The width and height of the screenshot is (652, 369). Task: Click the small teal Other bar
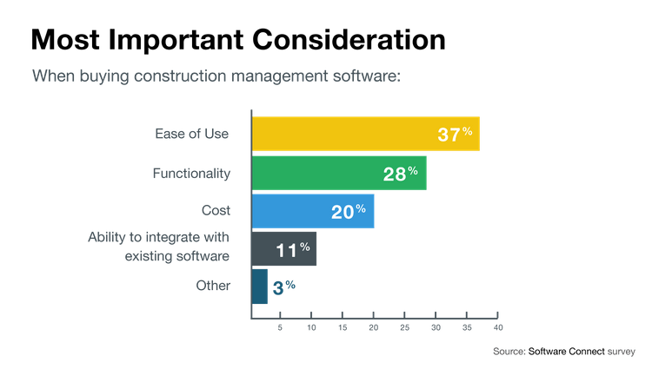tap(259, 286)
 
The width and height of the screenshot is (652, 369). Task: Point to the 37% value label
tap(455, 134)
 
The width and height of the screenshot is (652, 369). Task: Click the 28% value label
tap(401, 174)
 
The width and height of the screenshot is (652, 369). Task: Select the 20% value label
tap(348, 211)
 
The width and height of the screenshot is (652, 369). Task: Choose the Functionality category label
tap(191, 173)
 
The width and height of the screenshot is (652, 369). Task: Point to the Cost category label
tap(216, 211)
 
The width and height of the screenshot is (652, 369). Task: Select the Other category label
tap(214, 286)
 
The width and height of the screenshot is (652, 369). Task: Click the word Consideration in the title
tap(342, 40)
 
